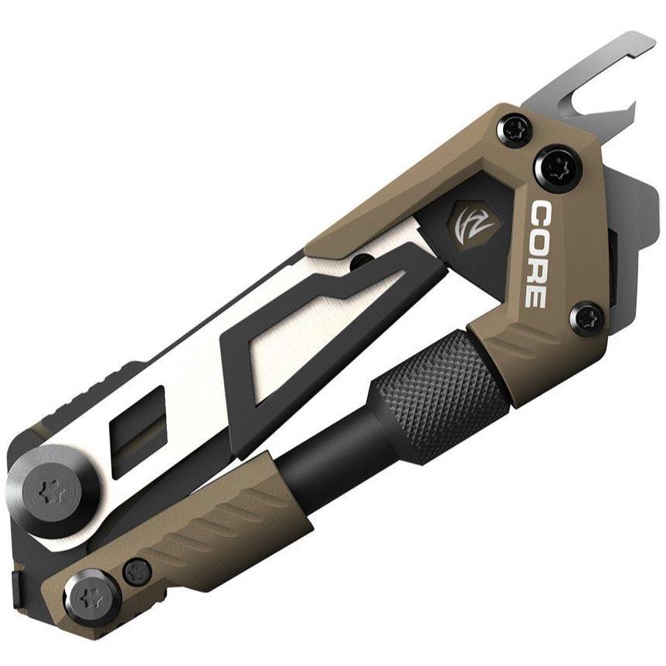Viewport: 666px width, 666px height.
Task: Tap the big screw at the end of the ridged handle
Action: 93,597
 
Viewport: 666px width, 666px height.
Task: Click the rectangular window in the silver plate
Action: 140,437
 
